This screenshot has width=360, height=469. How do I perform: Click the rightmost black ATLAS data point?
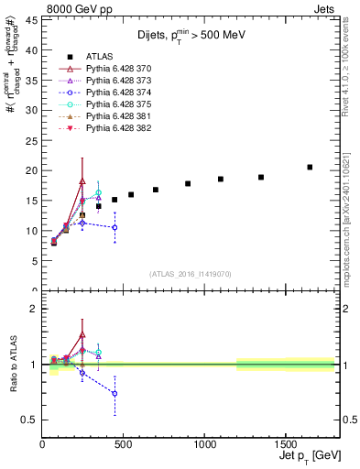click(310, 167)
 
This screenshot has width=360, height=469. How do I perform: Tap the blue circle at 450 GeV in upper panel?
click(115, 227)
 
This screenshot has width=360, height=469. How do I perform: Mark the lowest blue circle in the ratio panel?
click(115, 393)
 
